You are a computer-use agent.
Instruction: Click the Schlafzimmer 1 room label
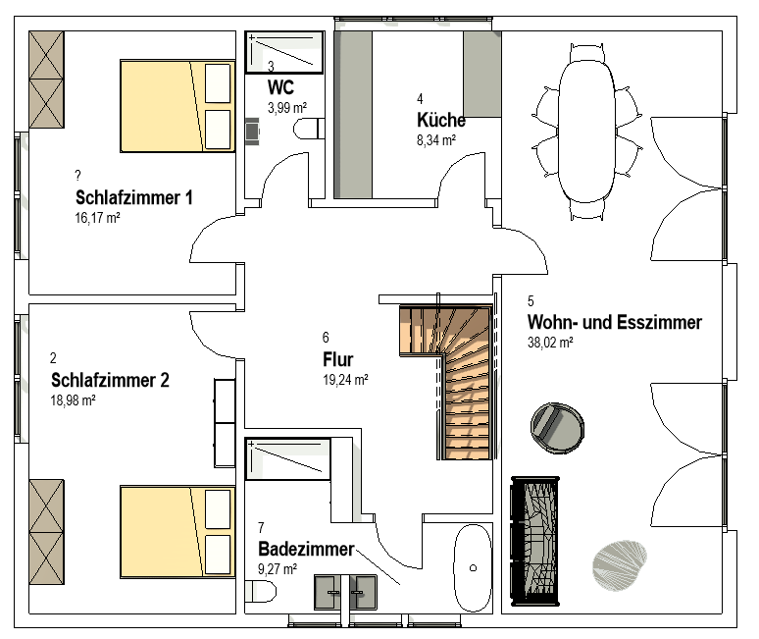134,197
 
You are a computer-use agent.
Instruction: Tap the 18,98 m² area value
74,400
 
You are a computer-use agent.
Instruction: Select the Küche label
441,120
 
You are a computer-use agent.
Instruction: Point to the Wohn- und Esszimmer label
615,322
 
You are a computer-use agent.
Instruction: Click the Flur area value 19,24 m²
345,380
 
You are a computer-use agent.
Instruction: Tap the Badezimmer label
306,549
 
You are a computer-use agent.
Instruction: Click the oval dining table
586,131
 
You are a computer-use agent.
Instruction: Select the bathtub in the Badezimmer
473,567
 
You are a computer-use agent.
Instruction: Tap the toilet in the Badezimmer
261,592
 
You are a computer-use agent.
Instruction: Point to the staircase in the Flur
446,382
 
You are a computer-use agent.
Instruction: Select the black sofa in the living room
535,541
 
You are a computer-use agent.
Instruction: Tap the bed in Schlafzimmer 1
177,106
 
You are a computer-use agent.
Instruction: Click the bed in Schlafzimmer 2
177,532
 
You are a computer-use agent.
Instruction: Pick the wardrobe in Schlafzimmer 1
46,80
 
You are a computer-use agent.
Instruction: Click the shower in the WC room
284,52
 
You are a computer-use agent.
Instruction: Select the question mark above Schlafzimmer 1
77,175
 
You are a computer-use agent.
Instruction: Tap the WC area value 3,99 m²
287,108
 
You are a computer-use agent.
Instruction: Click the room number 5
531,301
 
